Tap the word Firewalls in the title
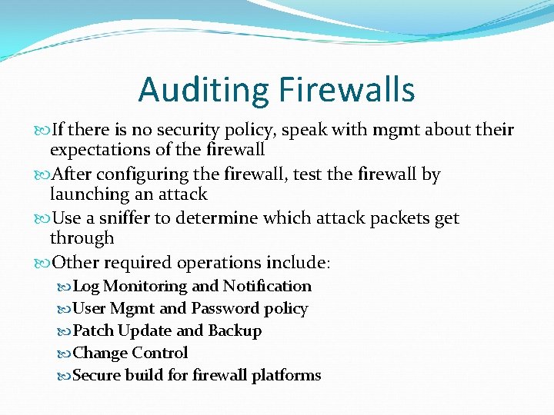pos(345,91)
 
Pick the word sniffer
pos(125,218)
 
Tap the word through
pos(82,238)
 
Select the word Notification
pos(267,286)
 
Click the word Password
pos(225,308)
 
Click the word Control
pos(159,353)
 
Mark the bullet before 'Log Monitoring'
pos(65,287)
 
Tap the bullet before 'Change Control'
pos(65,354)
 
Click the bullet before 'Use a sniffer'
pos(42,219)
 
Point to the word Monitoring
pos(145,286)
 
